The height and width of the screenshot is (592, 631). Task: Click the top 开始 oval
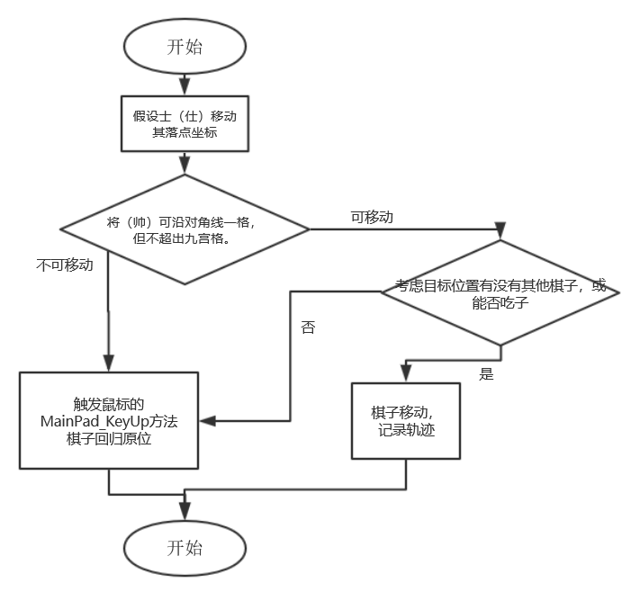tap(185, 47)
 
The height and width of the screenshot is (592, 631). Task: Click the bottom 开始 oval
tap(185, 548)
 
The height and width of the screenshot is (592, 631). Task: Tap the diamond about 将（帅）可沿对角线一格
tap(185, 230)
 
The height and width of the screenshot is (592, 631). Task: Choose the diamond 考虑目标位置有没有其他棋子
tap(500, 292)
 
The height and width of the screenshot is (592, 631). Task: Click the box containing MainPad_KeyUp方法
tap(108, 419)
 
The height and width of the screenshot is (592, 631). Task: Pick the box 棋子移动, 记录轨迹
tap(405, 421)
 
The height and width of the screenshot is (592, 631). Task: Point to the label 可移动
tap(372, 217)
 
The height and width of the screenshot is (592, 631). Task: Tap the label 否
tap(308, 328)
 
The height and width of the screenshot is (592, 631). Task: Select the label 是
tap(486, 374)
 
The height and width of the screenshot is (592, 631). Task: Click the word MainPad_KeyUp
tap(90, 420)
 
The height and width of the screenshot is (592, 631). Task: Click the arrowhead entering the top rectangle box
tap(185, 86)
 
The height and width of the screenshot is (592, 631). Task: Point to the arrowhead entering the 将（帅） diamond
tap(185, 165)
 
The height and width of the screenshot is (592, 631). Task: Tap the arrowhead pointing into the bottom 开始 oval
tap(185, 513)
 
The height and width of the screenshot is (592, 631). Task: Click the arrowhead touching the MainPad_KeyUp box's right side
tap(205, 419)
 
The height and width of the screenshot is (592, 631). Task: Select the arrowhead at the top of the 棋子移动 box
tap(405, 376)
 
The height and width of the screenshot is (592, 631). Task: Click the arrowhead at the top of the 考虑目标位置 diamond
tap(500, 233)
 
